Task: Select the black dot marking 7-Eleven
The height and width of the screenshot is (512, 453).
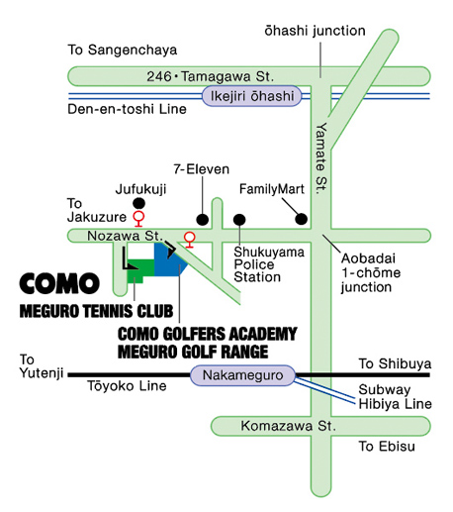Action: [202, 218]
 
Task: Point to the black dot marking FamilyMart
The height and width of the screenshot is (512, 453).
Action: [303, 218]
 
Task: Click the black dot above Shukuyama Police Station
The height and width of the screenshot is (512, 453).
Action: [238, 218]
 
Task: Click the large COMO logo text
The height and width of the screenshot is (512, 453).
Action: [59, 283]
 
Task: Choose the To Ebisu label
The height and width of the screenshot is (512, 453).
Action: [386, 448]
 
